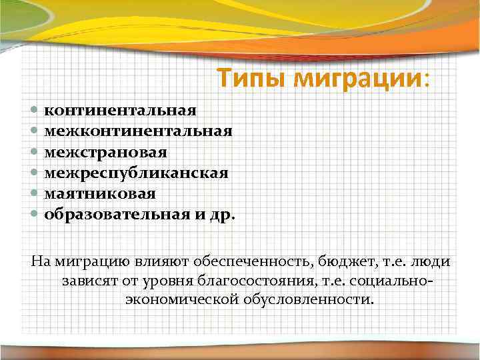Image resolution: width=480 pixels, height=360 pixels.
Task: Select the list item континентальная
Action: coord(120,109)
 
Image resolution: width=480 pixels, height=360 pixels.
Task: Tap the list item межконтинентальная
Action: coord(139,130)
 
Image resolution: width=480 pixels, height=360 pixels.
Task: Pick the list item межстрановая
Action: coord(106,151)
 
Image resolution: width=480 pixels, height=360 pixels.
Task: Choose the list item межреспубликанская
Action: coord(137,173)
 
